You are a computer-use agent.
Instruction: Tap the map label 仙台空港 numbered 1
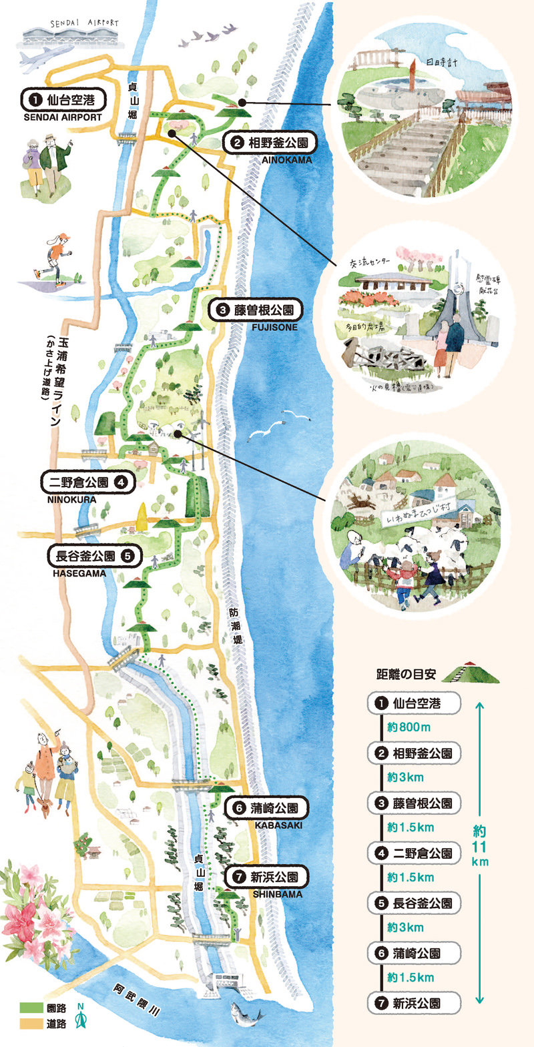pyautogui.click(x=63, y=101)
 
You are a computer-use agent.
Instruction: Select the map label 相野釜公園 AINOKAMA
pyautogui.click(x=269, y=143)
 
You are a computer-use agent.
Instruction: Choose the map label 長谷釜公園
pyautogui.click(x=94, y=555)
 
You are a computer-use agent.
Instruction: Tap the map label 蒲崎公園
pyautogui.click(x=266, y=808)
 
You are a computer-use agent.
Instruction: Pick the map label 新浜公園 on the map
pyautogui.click(x=266, y=877)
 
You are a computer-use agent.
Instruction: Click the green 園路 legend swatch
pyautogui.click(x=30, y=1008)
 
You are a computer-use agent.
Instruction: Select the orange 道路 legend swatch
pyautogui.click(x=30, y=1024)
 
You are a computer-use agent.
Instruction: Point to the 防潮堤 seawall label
pyautogui.click(x=234, y=625)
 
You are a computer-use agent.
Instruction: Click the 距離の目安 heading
pyautogui.click(x=406, y=674)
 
